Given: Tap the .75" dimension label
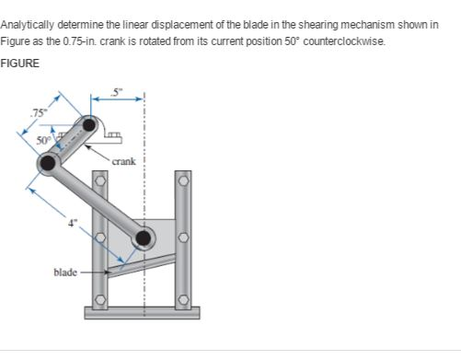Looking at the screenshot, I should [x=38, y=113].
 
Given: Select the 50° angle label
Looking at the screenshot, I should [x=42, y=141].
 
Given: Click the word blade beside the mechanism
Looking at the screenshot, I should [x=66, y=273].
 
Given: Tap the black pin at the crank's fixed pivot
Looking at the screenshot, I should [x=89, y=124].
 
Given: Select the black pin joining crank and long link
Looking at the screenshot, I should [x=46, y=163].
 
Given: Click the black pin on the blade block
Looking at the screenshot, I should [x=144, y=239].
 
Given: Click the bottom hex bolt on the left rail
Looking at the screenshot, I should [x=103, y=299].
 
